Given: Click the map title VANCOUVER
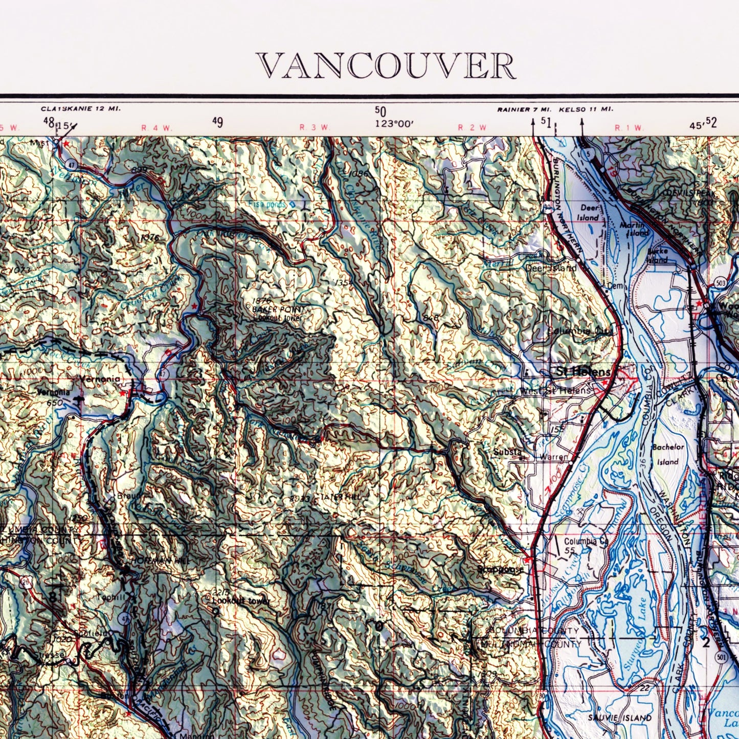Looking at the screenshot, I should point(386,66).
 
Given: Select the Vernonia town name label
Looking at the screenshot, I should point(99,379).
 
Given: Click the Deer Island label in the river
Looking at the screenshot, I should point(588,212).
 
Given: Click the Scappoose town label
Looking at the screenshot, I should point(500,569).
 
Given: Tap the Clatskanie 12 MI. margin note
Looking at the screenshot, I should point(81,109).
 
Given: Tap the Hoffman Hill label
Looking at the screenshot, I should point(153,561).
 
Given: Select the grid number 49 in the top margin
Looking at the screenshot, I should point(217,122).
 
